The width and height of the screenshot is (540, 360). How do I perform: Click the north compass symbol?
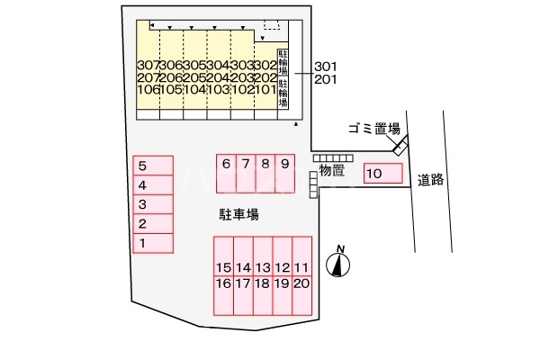339,264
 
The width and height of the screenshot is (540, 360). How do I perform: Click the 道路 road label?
432,179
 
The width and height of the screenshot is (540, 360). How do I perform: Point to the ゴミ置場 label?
373,129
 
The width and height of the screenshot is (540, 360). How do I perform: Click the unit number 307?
150,66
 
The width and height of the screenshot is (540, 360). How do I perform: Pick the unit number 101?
265,89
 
